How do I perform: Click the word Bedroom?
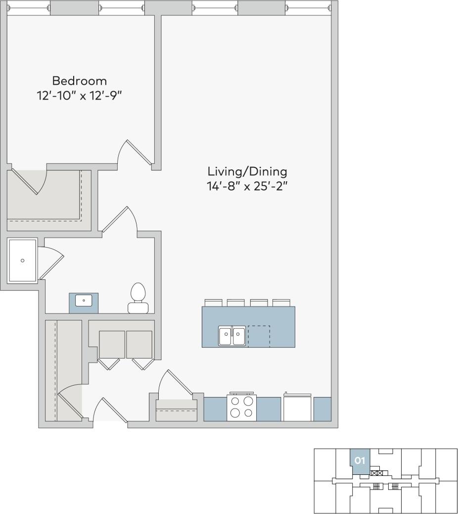pyautogui.click(x=79, y=80)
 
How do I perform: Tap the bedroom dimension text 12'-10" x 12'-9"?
pyautogui.click(x=79, y=95)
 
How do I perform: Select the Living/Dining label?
pyautogui.click(x=247, y=172)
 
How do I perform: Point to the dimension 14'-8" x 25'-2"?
pyautogui.click(x=247, y=187)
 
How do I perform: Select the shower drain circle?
pyautogui.click(x=22, y=260)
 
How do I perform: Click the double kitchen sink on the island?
pyautogui.click(x=232, y=336)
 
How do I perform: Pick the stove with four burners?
pyautogui.click(x=241, y=407)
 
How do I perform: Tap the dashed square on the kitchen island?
pyautogui.click(x=259, y=336)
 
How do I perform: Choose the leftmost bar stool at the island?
pyautogui.click(x=214, y=303)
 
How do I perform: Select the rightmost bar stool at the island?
pyautogui.click(x=281, y=303)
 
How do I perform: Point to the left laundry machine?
pyautogui.click(x=112, y=345)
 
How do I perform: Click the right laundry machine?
pyautogui.click(x=139, y=345)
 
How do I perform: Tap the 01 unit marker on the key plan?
pyautogui.click(x=360, y=461)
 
